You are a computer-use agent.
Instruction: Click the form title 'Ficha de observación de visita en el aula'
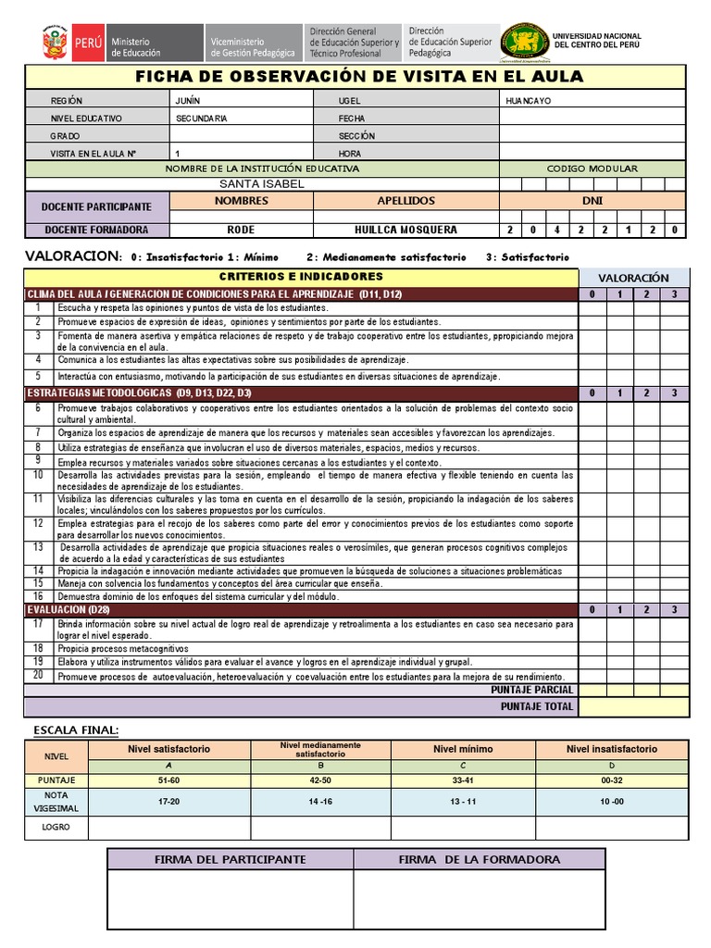359,76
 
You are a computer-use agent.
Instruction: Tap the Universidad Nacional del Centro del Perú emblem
524,42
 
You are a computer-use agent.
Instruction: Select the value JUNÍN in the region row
188,101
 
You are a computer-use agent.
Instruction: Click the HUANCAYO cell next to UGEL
529,101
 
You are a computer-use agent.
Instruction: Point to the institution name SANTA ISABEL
262,183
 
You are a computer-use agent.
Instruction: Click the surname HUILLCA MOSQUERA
405,230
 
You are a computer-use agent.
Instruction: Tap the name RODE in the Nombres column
241,230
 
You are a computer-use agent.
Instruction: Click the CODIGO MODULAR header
592,168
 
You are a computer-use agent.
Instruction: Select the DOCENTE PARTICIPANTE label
96,206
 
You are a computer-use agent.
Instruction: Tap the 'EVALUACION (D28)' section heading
69,610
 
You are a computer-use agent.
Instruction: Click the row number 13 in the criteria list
38,547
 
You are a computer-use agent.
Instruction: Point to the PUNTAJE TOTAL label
537,706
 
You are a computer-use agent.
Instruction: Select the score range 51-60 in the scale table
168,780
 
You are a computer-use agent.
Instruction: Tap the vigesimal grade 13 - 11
463,801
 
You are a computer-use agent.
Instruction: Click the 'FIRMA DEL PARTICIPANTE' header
230,859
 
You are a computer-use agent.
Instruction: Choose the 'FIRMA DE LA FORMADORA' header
479,859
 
